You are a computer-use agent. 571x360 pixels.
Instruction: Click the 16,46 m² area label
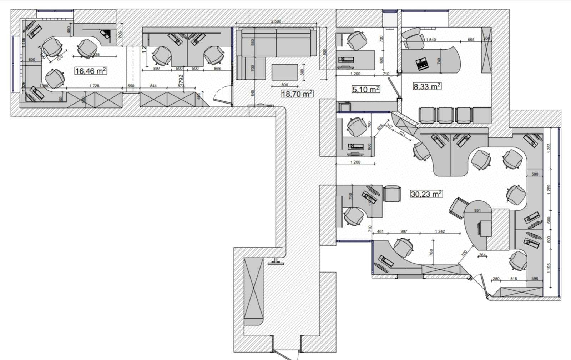click(x=91, y=71)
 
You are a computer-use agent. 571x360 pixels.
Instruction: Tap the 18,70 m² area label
click(x=297, y=94)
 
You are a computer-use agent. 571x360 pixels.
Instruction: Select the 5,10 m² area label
click(x=365, y=89)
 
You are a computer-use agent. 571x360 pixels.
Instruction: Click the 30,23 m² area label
click(x=426, y=194)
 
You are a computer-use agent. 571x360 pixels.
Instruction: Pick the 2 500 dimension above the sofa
click(x=276, y=21)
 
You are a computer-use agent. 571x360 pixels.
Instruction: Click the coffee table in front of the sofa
click(x=284, y=72)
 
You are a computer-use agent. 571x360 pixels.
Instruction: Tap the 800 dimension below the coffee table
click(x=284, y=85)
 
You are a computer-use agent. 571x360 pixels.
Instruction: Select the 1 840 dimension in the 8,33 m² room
click(x=431, y=40)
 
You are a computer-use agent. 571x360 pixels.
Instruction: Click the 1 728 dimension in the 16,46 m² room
click(x=94, y=86)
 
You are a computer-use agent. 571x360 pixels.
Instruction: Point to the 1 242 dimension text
click(x=440, y=231)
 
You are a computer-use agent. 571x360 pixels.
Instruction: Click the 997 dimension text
click(x=404, y=231)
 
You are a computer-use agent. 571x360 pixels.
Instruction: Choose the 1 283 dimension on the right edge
click(x=549, y=148)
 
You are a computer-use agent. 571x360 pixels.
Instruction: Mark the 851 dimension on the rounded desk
click(x=477, y=211)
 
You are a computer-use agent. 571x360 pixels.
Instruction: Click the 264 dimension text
click(x=482, y=255)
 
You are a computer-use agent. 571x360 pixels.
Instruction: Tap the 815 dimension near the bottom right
click(x=514, y=279)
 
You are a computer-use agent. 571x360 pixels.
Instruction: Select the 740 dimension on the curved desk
click(x=439, y=61)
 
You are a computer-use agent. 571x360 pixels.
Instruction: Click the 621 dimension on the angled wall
click(x=403, y=134)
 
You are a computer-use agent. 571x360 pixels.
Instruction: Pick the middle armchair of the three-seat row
click(x=445, y=115)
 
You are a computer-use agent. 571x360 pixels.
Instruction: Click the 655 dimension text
click(x=471, y=40)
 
